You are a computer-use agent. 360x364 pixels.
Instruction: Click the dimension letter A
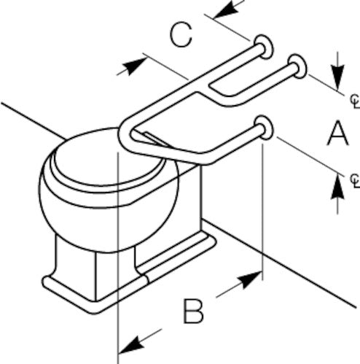point(338,133)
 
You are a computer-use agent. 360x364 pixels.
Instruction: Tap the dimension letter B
point(193,311)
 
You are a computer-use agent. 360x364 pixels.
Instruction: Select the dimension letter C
point(181,35)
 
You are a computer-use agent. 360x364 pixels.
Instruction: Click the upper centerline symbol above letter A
point(355,101)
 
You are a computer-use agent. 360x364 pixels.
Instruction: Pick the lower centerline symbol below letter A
point(355,180)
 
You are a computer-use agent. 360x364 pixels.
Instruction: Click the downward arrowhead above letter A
point(337,77)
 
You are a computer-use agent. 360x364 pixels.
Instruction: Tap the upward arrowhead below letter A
point(337,186)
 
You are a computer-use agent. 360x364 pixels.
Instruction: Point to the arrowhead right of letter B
point(250,279)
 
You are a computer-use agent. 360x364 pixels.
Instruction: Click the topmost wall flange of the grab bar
point(264,47)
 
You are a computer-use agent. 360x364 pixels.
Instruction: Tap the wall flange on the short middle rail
point(297,66)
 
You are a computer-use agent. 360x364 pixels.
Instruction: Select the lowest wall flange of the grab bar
point(264,128)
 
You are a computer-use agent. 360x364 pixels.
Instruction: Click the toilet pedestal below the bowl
point(97,270)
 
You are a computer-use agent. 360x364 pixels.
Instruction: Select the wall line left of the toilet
point(34,121)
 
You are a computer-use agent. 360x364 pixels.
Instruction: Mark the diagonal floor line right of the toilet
point(278,263)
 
